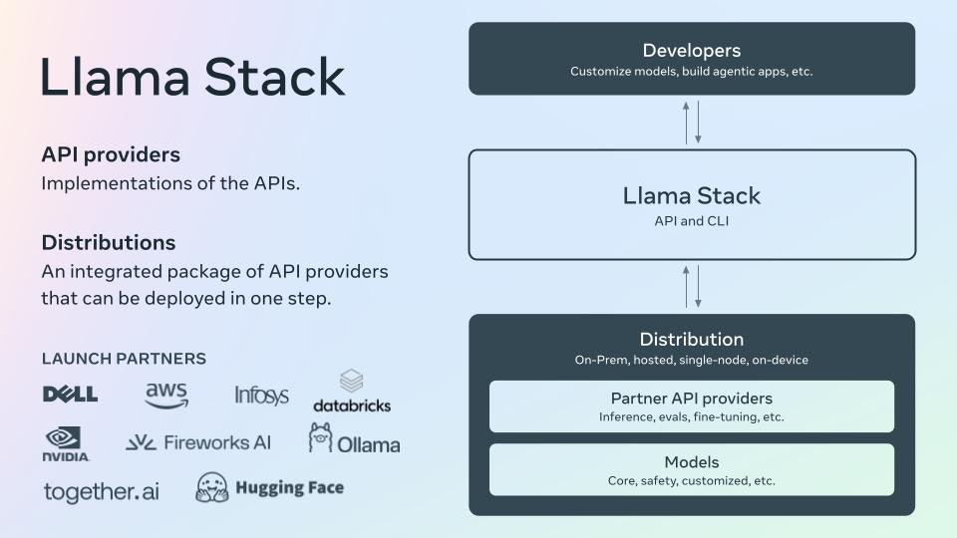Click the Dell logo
tap(70, 395)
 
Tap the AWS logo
tap(166, 395)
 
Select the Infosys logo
tap(261, 396)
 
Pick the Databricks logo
tap(352, 392)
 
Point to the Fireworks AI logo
tap(198, 442)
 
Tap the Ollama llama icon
tap(320, 437)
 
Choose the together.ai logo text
tap(101, 491)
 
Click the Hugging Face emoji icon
tap(213, 487)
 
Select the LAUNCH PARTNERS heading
tap(124, 359)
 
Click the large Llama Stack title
tap(192, 79)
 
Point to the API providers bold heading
tap(111, 155)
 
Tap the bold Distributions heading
tap(109, 243)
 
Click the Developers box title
tap(691, 51)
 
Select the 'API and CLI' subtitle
tap(691, 221)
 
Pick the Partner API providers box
tap(691, 406)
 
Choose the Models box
tap(691, 470)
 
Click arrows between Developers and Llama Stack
tap(692, 122)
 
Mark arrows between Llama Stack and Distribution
tap(692, 286)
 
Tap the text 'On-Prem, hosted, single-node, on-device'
tap(691, 360)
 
